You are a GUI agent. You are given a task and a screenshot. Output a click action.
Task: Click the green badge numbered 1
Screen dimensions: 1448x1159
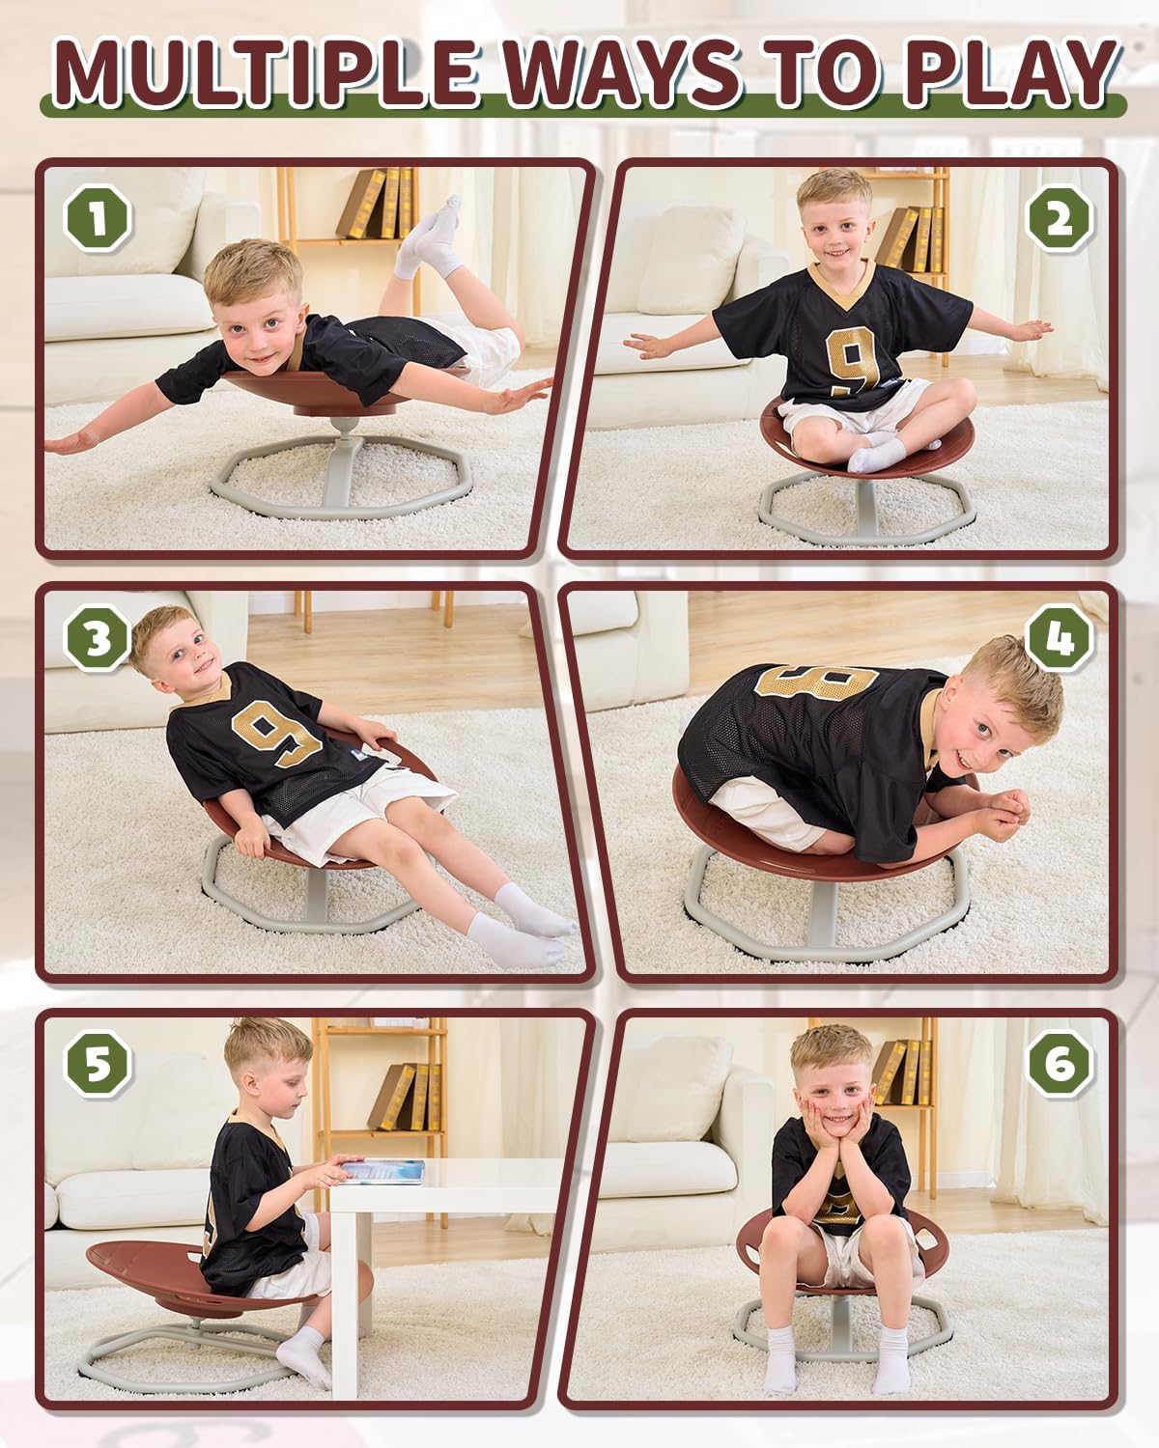coord(98,217)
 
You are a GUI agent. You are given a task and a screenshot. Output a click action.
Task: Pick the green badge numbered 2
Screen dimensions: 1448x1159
coord(1060,219)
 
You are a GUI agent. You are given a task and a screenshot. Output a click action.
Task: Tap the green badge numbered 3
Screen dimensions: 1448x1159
coord(98,638)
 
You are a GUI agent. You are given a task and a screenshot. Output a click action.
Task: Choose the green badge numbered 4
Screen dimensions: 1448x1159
coord(1060,638)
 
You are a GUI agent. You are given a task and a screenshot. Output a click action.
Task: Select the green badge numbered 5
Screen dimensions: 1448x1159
coord(98,1064)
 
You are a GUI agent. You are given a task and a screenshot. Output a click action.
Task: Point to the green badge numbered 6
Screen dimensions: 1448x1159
coord(1060,1064)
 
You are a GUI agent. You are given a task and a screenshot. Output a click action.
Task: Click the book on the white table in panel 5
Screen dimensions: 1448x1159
coord(382,1170)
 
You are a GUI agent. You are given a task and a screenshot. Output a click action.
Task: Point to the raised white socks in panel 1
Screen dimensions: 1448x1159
coord(430,241)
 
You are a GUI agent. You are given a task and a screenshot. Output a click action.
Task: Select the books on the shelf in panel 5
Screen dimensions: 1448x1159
coord(406,1096)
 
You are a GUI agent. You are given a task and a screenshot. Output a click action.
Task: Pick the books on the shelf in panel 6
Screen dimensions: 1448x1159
coord(898,1072)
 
